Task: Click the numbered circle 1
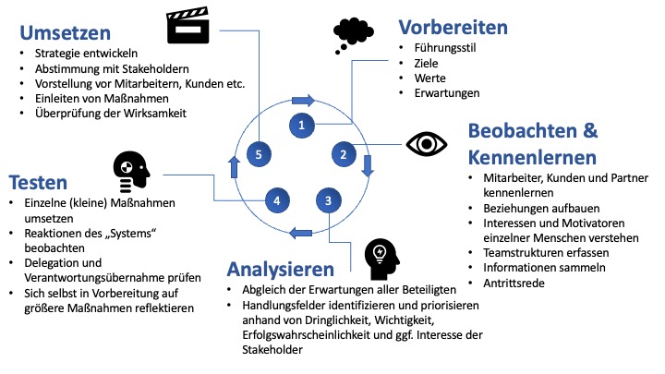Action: click(x=301, y=123)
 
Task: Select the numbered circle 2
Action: click(x=343, y=153)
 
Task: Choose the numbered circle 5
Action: click(x=259, y=154)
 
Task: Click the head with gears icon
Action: click(x=130, y=170)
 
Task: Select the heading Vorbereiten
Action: click(x=453, y=27)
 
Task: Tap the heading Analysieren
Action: click(x=281, y=271)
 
